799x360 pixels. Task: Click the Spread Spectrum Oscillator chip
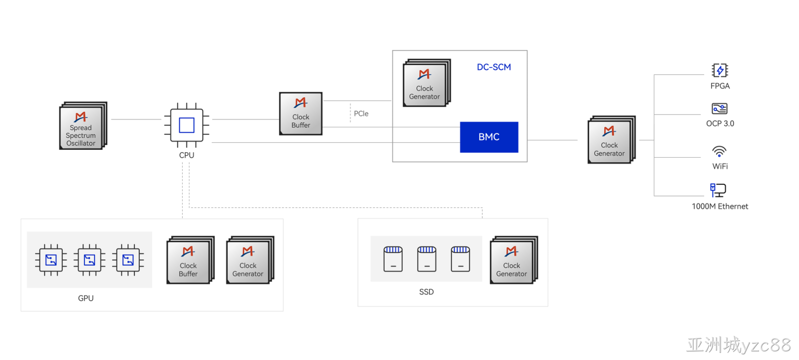(83, 126)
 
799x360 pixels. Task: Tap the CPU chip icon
(187, 125)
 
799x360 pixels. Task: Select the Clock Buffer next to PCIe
(301, 113)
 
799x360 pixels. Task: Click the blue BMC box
(489, 137)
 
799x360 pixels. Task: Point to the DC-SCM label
(494, 67)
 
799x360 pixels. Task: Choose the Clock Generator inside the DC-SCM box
(426, 83)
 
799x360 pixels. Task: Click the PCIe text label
(361, 113)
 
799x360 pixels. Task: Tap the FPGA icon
(720, 70)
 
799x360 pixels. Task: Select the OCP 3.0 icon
(720, 108)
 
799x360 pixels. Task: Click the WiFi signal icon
(719, 152)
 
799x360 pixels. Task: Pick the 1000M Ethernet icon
(718, 190)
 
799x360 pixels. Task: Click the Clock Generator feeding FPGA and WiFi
(611, 139)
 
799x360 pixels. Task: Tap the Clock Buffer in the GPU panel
(190, 260)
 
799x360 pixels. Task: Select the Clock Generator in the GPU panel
(250, 260)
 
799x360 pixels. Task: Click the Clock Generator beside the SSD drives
(514, 260)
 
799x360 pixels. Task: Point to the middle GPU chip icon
(89, 260)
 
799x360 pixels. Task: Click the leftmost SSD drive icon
(393, 259)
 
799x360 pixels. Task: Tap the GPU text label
(85, 298)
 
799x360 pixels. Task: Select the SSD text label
(426, 292)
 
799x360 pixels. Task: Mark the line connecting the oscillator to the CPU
(136, 119)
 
